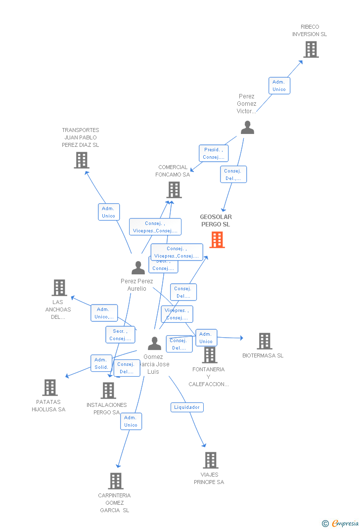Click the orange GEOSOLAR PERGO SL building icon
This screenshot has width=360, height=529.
(x=217, y=240)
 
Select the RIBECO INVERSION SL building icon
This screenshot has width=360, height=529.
(x=311, y=49)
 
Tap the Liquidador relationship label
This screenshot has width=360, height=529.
(x=187, y=407)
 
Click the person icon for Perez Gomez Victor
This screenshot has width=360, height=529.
(x=247, y=128)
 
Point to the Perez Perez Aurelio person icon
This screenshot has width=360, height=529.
(x=138, y=267)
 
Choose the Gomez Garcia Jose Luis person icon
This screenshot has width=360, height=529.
(x=154, y=343)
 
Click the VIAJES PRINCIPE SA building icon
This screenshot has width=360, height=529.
(x=211, y=460)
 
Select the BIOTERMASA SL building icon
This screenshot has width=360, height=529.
(x=265, y=341)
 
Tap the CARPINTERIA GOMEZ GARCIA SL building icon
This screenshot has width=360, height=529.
(x=115, y=481)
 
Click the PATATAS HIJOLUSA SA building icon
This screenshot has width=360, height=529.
(x=50, y=388)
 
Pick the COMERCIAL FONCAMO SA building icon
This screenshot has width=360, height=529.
(x=174, y=190)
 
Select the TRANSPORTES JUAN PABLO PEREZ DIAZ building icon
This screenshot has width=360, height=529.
(x=82, y=160)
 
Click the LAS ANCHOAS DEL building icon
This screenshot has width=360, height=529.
(x=59, y=288)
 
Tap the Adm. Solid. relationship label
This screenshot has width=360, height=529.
(x=101, y=363)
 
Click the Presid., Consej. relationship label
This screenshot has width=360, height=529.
(x=214, y=153)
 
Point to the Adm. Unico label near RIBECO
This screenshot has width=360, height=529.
(x=279, y=86)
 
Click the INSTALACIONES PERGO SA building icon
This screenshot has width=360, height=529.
(x=108, y=391)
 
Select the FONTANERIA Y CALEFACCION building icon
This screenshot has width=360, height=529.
(x=210, y=355)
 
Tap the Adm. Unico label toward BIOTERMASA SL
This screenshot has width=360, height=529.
(x=206, y=338)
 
